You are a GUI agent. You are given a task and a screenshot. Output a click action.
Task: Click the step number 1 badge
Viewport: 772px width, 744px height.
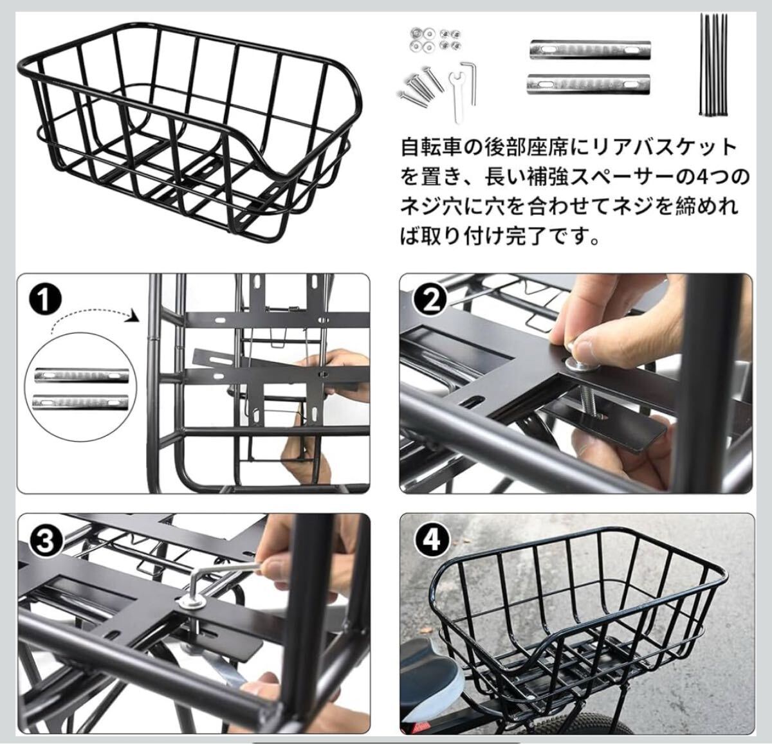tap(46, 300)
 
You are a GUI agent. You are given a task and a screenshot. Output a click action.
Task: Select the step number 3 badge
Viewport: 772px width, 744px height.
tap(46, 541)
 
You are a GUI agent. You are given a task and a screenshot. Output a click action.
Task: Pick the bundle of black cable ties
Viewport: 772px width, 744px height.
tap(713, 65)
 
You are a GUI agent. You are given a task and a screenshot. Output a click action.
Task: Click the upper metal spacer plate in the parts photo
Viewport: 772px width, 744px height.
tap(590, 50)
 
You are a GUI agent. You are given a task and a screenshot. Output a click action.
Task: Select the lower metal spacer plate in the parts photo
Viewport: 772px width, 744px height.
tap(588, 84)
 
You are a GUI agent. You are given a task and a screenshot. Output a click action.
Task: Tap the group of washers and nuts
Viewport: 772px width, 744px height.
tap(434, 40)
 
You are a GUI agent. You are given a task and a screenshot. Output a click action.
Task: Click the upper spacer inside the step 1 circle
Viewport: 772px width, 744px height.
tap(81, 375)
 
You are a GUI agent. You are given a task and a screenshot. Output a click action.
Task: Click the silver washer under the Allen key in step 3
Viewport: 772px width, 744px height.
tap(191, 603)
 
